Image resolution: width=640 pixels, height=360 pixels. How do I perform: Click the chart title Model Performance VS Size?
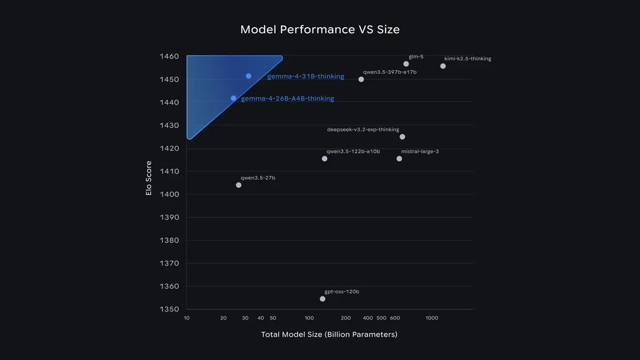(319, 29)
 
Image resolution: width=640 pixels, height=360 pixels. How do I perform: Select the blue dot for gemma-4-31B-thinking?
(249, 76)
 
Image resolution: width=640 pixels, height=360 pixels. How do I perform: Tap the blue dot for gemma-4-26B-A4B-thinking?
(234, 98)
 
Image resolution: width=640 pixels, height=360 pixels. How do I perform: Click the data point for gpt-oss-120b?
(323, 299)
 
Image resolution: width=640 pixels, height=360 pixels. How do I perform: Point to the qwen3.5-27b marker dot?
(238, 185)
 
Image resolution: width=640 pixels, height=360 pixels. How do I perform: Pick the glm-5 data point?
(406, 64)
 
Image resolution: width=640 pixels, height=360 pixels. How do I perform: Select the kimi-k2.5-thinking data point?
(443, 66)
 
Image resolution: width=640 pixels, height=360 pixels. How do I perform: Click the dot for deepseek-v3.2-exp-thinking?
(402, 137)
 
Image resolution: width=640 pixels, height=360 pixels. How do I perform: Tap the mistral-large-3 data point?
(399, 158)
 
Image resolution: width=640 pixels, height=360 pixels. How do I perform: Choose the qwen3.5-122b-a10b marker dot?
(325, 158)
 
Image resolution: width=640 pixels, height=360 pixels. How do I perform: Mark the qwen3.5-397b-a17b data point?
(361, 79)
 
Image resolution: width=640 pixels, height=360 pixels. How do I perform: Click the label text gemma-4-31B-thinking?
(306, 76)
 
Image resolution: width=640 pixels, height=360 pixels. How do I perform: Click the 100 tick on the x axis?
(309, 318)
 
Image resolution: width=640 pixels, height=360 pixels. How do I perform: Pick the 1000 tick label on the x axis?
(432, 318)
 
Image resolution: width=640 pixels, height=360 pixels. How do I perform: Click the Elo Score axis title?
(149, 178)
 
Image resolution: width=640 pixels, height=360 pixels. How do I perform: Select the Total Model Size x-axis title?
(329, 334)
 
